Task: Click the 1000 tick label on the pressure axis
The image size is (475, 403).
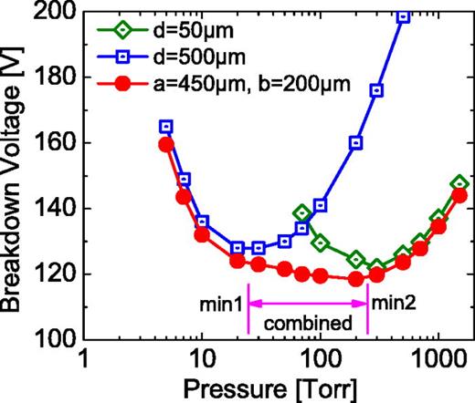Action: click(x=438, y=357)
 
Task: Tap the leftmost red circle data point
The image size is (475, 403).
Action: click(x=166, y=144)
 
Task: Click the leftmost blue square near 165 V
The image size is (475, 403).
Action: click(x=166, y=127)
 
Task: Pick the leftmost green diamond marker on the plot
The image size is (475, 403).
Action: click(x=302, y=212)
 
